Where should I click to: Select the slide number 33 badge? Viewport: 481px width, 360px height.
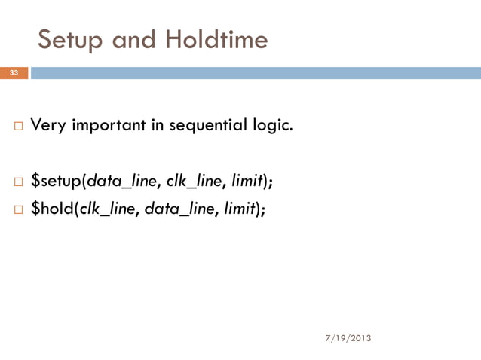14,73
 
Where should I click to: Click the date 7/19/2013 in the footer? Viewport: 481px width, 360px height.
348,338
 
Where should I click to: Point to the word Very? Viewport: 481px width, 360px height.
50,125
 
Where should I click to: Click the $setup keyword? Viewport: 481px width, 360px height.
57,181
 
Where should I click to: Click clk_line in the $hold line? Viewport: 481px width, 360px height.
109,209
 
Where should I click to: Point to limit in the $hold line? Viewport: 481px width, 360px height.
240,209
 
